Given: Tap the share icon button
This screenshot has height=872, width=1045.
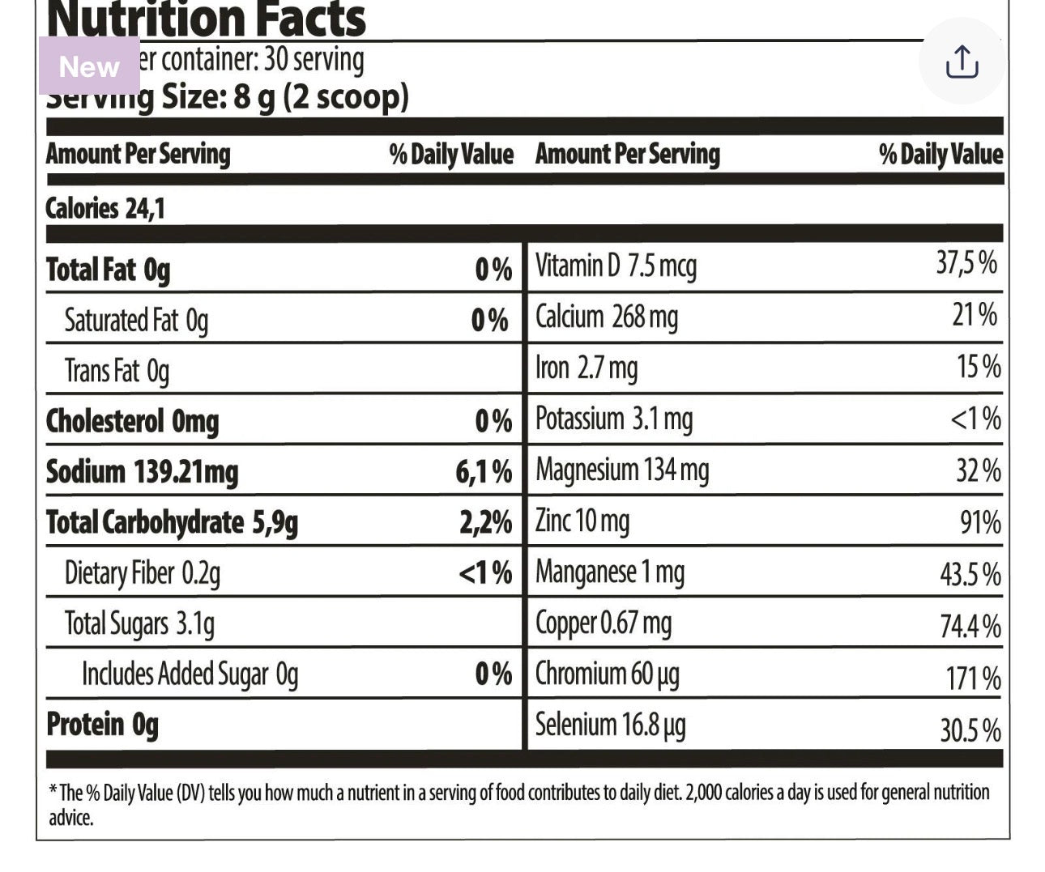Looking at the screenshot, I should (962, 62).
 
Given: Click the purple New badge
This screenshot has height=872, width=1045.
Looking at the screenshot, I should (89, 66).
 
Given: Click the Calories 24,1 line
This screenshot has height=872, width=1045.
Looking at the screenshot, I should (105, 209).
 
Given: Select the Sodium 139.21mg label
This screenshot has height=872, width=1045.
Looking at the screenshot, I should (142, 472).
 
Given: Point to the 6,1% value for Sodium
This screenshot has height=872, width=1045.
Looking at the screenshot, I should (484, 472).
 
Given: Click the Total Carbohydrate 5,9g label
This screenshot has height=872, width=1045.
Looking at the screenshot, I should (172, 523).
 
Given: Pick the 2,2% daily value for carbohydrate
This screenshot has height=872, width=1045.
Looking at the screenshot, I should (485, 523).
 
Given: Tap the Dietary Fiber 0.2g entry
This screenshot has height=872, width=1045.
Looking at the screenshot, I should (142, 573).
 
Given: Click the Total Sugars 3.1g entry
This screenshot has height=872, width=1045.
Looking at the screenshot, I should (139, 624).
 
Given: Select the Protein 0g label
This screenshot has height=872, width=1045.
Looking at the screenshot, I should (102, 725).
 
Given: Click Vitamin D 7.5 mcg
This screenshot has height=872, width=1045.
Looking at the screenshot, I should (616, 266).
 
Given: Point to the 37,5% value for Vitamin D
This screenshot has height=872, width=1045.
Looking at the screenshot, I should (966, 263).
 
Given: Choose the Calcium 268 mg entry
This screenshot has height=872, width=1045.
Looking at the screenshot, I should (607, 317).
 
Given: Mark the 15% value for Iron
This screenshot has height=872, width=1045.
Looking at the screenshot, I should (979, 367).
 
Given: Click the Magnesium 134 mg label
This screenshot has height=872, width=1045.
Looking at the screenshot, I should (622, 470).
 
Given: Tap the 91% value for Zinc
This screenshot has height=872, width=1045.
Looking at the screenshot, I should (980, 522).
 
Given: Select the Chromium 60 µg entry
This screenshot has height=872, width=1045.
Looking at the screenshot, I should (607, 674).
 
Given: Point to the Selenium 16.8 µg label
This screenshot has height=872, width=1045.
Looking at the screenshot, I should (610, 725).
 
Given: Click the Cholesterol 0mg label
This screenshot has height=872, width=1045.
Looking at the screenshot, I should (132, 422).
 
